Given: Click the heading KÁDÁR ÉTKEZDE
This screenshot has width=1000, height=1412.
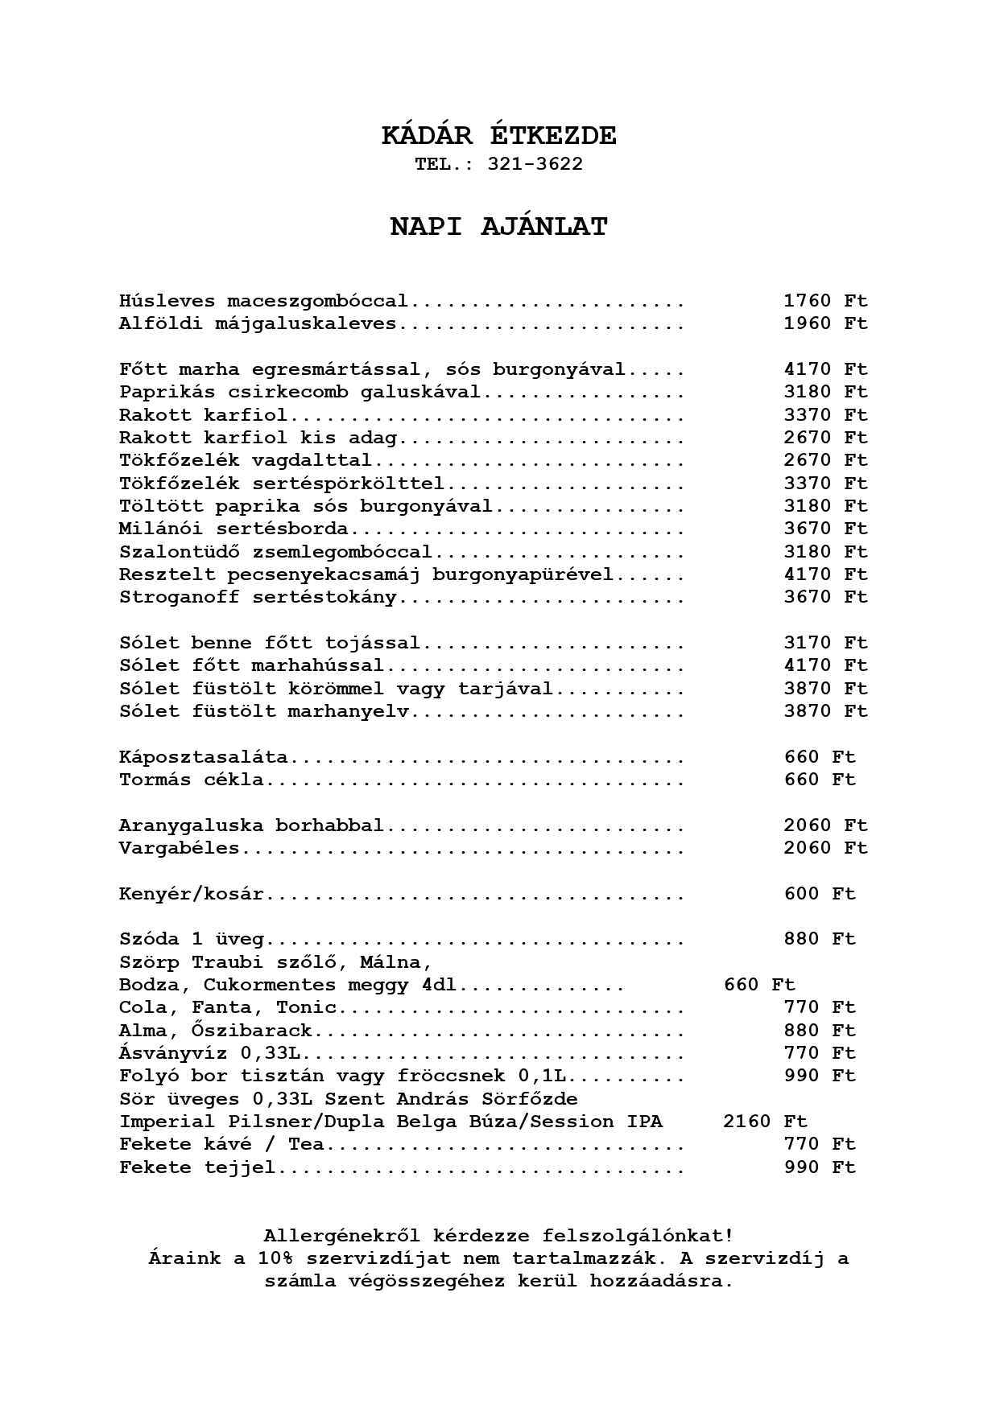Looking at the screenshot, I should tap(499, 136).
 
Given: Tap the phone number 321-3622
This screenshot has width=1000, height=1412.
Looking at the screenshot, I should tap(535, 164).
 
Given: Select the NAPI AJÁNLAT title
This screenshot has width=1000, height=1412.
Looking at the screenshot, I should tap(499, 227).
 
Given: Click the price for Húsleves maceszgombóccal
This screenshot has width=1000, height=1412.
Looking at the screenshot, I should tap(825, 301).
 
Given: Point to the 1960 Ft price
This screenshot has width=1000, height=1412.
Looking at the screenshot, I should tap(825, 323).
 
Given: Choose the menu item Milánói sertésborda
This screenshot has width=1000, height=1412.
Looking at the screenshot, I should tap(233, 529).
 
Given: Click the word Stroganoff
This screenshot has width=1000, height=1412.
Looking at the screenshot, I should tap(179, 597).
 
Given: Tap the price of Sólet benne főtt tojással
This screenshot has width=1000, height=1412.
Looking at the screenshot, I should tap(825, 643).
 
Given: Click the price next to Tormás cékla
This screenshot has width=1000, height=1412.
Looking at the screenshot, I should tap(820, 780).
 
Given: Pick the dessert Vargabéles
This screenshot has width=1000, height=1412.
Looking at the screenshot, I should tap(179, 848).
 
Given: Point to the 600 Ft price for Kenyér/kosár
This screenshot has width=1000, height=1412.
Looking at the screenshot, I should tap(820, 894).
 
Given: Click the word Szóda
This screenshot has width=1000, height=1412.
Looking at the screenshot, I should tap(149, 939).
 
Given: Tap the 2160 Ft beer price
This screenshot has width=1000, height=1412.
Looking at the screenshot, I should tap(765, 1122).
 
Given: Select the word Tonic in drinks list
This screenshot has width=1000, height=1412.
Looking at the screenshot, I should tap(306, 1007).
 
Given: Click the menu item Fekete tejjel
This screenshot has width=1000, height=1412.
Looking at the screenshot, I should tap(197, 1167).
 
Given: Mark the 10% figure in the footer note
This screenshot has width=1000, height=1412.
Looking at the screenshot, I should tap(275, 1258).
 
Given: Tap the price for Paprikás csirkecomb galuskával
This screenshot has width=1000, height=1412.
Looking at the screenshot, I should tap(825, 392).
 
